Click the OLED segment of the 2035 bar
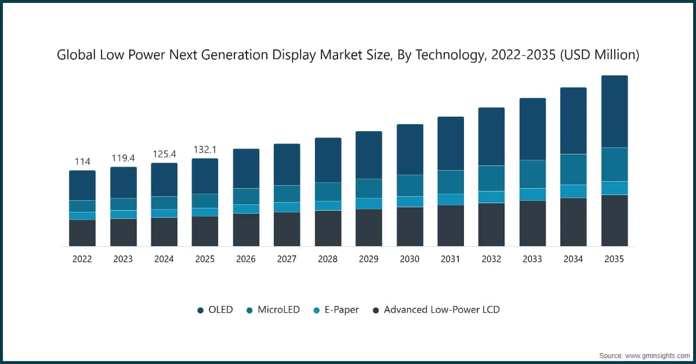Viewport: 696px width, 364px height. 614,111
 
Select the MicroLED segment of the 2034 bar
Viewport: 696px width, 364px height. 573,170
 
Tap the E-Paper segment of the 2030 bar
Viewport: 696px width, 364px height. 409,201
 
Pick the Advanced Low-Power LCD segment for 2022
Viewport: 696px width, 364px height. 82,233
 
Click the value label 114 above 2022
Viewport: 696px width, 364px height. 82,161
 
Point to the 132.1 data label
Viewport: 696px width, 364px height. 205,150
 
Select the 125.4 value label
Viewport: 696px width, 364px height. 164,154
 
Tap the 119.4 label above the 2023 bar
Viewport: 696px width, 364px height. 123,157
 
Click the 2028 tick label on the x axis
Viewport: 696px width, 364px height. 328,260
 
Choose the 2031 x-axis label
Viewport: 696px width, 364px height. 451,260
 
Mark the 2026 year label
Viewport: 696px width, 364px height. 246,260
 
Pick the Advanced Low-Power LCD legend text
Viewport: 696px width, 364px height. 441,310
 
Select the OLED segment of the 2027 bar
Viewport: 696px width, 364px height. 287,164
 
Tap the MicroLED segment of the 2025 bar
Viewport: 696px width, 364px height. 205,201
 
